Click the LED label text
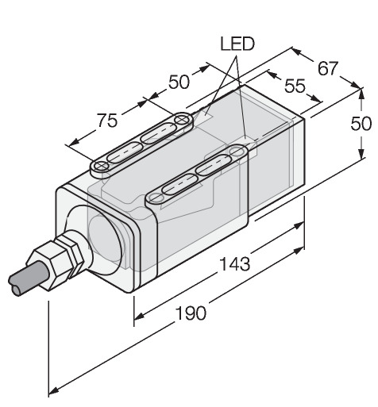(x=237, y=44)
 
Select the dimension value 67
(x=328, y=68)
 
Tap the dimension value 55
(x=295, y=86)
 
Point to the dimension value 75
(x=107, y=121)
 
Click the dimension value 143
(x=235, y=263)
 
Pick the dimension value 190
(x=191, y=313)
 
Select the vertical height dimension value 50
(x=361, y=124)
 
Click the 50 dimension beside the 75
(x=179, y=82)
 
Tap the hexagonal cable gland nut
(x=54, y=264)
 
